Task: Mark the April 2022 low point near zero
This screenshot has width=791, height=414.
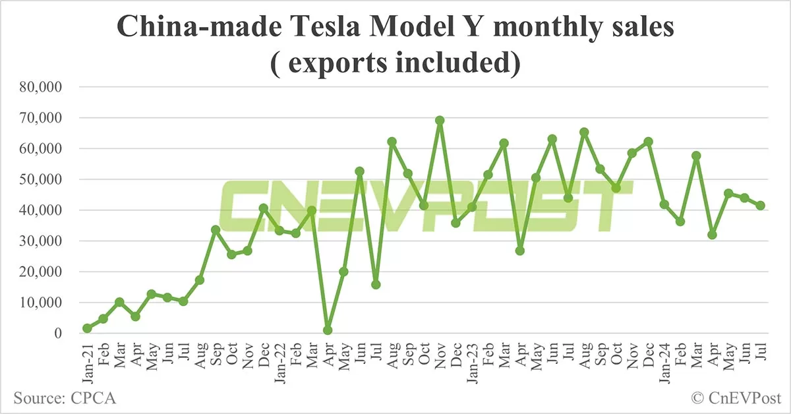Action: click(328, 330)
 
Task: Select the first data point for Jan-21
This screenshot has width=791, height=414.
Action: click(88, 328)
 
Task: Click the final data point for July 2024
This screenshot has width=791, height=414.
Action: click(760, 206)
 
